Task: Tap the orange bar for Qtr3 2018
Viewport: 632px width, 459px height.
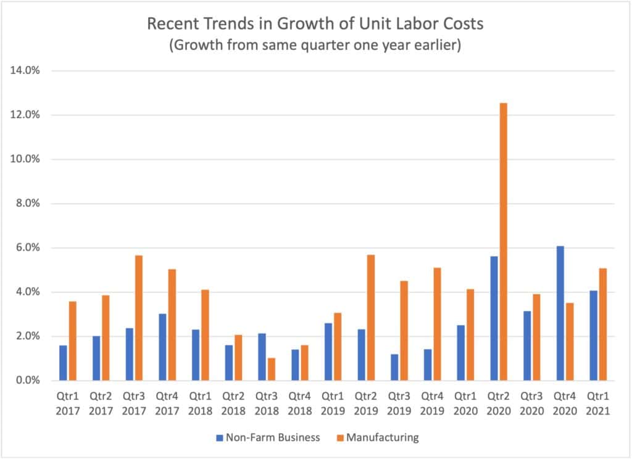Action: tap(272, 369)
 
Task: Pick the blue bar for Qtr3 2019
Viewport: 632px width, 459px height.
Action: tap(394, 367)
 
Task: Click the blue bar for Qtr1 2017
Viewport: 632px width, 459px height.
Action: tap(63, 363)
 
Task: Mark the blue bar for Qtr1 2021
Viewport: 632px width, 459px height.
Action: tap(593, 336)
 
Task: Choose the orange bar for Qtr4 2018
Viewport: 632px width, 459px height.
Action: tap(304, 363)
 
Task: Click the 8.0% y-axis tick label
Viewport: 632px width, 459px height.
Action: tap(27, 204)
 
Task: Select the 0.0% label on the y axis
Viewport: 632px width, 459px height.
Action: tap(27, 381)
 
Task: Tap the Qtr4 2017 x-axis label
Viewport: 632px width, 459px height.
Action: tap(169, 403)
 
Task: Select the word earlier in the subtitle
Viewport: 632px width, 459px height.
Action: tap(435, 47)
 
